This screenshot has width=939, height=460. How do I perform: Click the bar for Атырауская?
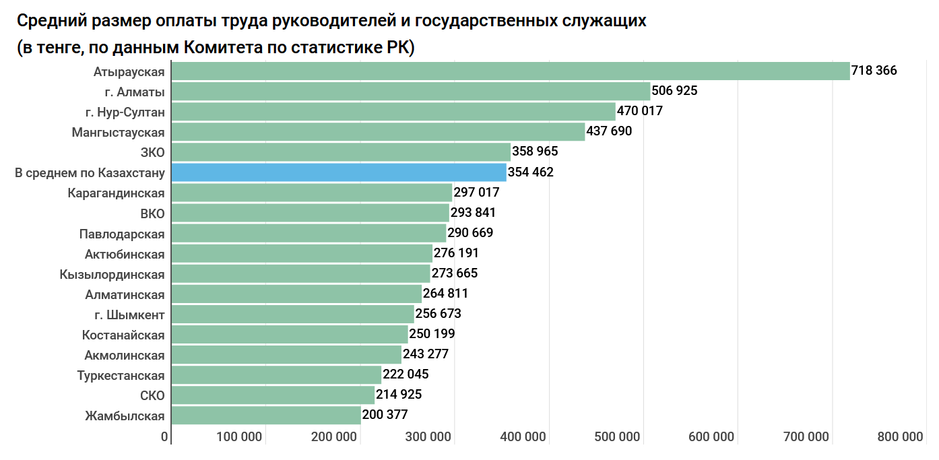[x=511, y=71]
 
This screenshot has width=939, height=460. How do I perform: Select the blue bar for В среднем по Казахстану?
[x=339, y=172]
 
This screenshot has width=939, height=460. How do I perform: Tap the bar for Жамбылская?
[x=266, y=415]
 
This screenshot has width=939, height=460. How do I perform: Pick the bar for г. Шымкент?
[x=293, y=314]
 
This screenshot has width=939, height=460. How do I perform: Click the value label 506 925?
[x=674, y=91]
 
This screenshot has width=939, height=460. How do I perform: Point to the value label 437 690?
[x=609, y=131]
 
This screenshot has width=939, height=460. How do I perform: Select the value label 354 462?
[x=530, y=172]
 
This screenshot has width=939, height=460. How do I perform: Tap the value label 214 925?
[x=399, y=395]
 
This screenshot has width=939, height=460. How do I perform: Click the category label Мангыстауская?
[x=118, y=132]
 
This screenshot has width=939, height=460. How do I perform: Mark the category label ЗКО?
[x=152, y=152]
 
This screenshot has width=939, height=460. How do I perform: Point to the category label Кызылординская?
[x=112, y=274]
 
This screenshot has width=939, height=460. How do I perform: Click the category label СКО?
[x=153, y=395]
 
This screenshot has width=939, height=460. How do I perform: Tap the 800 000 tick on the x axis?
[x=900, y=437]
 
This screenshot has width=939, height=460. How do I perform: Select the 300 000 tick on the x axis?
[x=428, y=437]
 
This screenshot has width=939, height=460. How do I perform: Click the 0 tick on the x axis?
[x=164, y=437]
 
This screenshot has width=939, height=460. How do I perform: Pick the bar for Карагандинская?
[x=312, y=193]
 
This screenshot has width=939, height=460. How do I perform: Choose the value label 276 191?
[x=456, y=253]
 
